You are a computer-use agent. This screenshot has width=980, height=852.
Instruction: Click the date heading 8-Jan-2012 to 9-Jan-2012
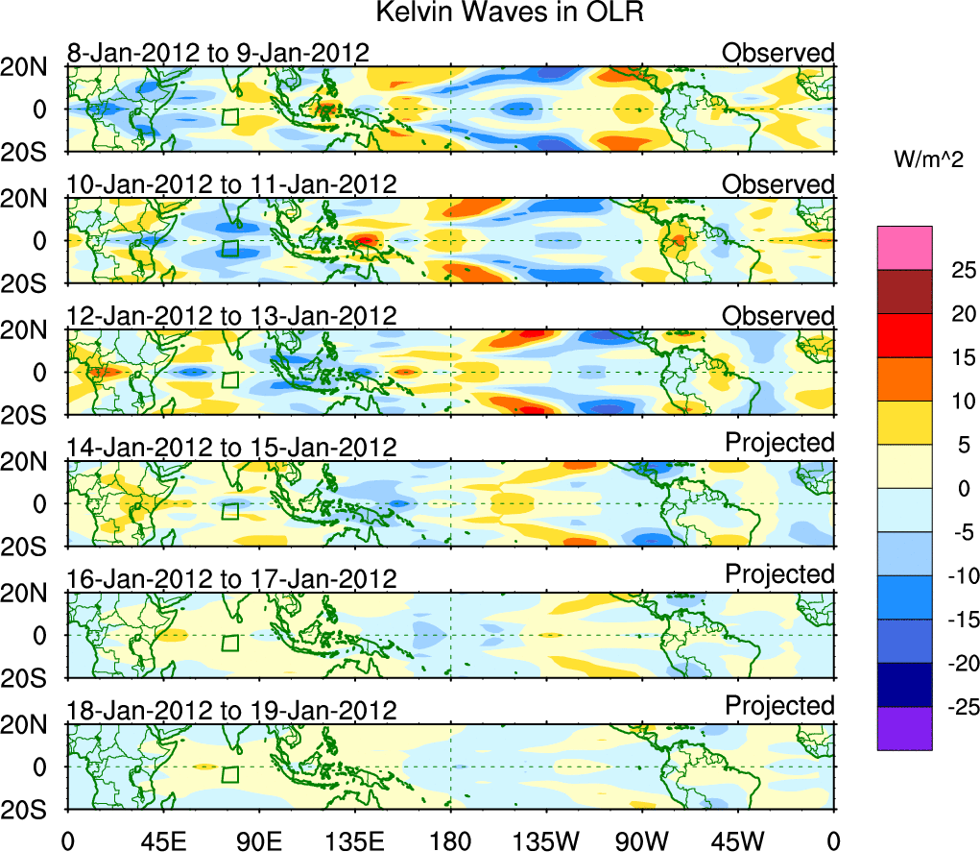pos(218,52)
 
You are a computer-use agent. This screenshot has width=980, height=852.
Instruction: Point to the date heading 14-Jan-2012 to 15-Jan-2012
pos(231,447)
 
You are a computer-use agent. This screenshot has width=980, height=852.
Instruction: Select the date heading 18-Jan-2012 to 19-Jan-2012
pos(231,711)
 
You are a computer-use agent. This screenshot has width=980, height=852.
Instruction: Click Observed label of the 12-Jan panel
pos(778,316)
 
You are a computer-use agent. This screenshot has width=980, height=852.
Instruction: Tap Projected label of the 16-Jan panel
pos(779,573)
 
